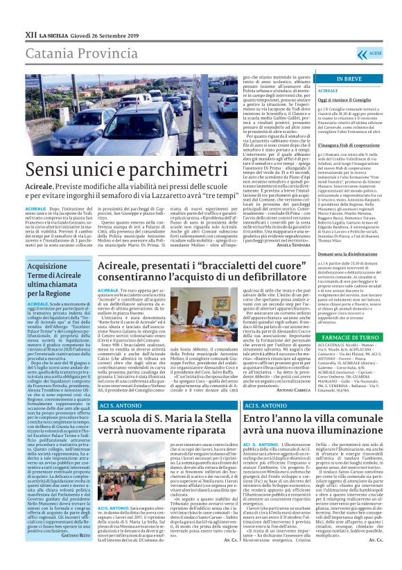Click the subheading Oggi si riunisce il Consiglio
coord(345,99)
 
